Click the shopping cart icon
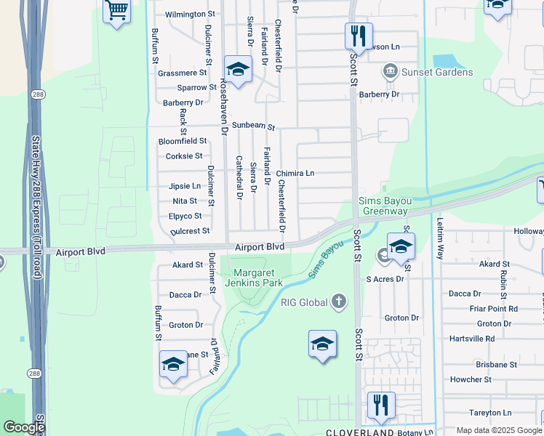click(x=116, y=11)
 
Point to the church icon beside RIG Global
click(x=338, y=301)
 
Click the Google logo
click(x=24, y=427)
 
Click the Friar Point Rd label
click(x=492, y=309)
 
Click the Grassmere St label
click(x=183, y=73)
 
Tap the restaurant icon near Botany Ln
click(x=380, y=404)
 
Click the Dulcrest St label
click(x=190, y=231)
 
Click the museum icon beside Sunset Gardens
click(x=390, y=71)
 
